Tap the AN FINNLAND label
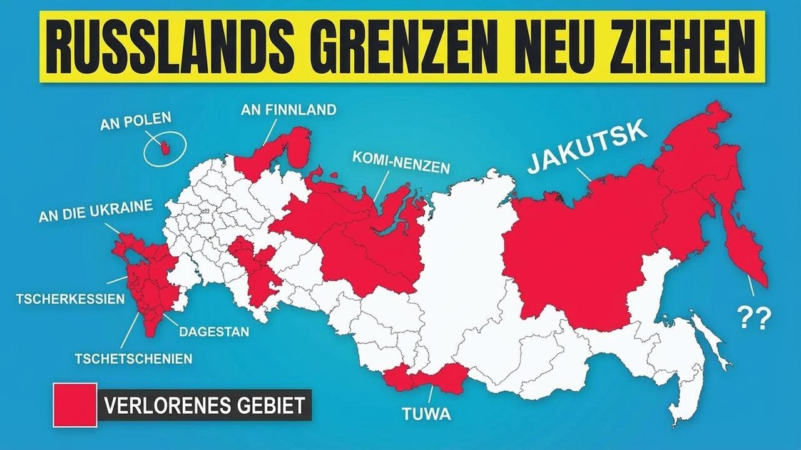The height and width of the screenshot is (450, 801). click(x=288, y=110)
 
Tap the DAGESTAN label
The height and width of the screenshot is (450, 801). click(x=213, y=332)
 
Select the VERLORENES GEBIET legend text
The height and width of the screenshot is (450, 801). click(x=204, y=405)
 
